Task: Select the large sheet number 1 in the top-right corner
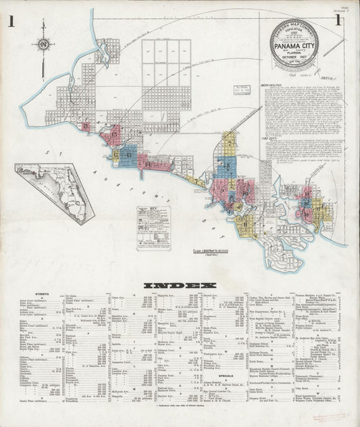pos(346,21)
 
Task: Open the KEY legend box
pos(153,228)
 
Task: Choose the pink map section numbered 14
pos(144,161)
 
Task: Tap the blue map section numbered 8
pos(226,166)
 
